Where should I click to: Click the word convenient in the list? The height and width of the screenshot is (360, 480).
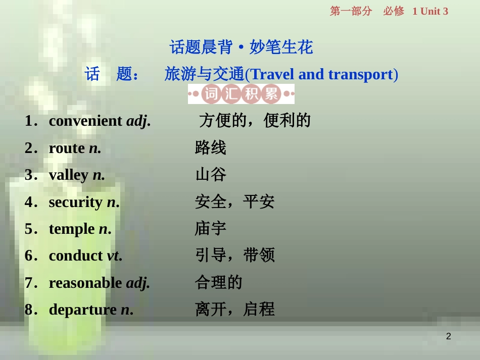click(x=85, y=121)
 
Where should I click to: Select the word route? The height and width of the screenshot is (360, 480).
click(x=67, y=148)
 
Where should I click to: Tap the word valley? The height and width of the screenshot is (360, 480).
click(x=69, y=175)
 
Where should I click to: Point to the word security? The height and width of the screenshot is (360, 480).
click(x=75, y=202)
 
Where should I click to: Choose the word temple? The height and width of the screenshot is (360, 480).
click(x=72, y=229)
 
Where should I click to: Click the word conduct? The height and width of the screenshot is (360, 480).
click(x=76, y=256)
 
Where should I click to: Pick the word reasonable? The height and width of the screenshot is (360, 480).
click(x=85, y=283)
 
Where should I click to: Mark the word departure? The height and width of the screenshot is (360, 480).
click(x=82, y=310)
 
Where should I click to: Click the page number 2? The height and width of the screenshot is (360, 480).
click(x=448, y=336)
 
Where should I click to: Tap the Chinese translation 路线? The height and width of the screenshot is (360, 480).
click(x=211, y=148)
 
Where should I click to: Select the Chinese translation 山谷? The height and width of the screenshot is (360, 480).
click(x=211, y=175)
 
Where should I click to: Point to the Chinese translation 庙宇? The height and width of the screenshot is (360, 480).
click(x=211, y=229)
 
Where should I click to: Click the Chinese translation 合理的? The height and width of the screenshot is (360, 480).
click(x=218, y=282)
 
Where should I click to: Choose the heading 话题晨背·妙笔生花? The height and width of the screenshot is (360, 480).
click(x=241, y=47)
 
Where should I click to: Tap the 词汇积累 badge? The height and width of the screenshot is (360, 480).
click(x=241, y=94)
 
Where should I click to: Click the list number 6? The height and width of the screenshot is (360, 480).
click(x=29, y=256)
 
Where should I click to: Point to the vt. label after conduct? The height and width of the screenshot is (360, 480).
click(x=114, y=256)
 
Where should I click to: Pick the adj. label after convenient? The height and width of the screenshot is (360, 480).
click(x=138, y=121)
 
